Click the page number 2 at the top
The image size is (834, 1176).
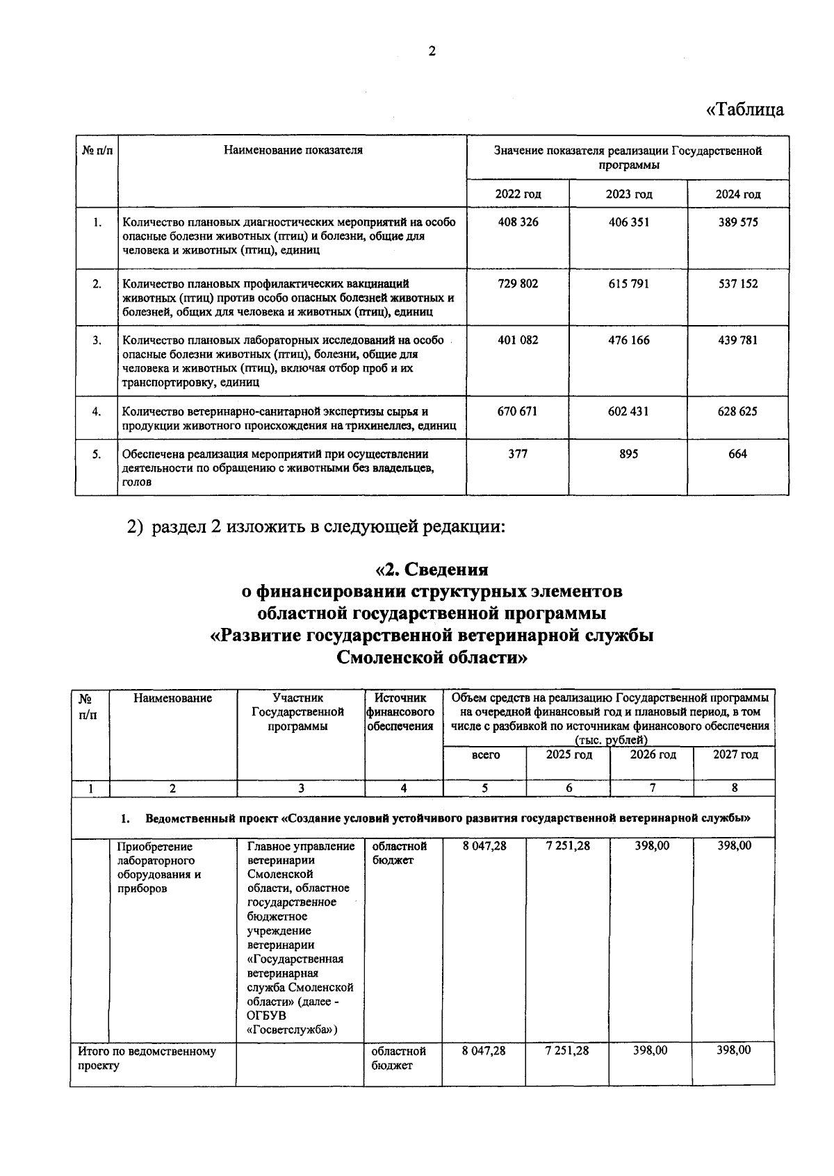[x=432, y=51]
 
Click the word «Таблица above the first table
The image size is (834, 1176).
[x=744, y=110]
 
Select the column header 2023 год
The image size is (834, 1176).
[x=628, y=194]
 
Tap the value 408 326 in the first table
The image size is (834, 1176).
[x=518, y=222]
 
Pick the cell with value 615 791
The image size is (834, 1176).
[x=628, y=283]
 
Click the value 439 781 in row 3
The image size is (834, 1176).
[x=737, y=340]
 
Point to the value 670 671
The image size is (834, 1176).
[x=517, y=411]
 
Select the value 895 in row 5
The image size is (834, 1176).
[x=628, y=454]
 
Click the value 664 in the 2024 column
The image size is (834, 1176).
[x=737, y=454]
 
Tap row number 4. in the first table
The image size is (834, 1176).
[x=97, y=411]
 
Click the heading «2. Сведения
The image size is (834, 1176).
[x=432, y=570]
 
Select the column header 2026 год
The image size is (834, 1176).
[x=652, y=755]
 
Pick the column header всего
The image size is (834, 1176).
[x=485, y=755]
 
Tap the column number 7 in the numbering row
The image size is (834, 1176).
[x=652, y=788]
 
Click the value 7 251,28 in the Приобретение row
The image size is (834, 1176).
[x=568, y=847]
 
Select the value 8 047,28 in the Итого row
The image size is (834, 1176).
[x=484, y=1051]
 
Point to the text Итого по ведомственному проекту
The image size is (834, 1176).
[x=146, y=1058]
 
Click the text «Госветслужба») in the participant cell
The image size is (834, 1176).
[x=292, y=1031]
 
